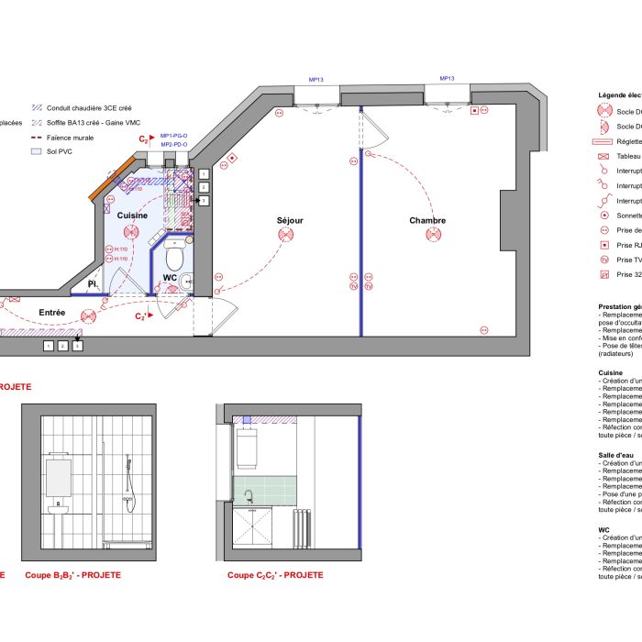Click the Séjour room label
(x=290, y=221)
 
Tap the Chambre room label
(x=427, y=221)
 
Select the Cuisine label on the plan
(x=132, y=215)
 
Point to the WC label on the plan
(x=170, y=277)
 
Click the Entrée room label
(x=52, y=314)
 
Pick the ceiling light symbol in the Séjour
(x=287, y=236)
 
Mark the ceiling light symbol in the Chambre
(x=432, y=236)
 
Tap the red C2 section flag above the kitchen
(x=145, y=139)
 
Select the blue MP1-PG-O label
(x=174, y=135)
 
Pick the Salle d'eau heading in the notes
(x=616, y=454)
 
